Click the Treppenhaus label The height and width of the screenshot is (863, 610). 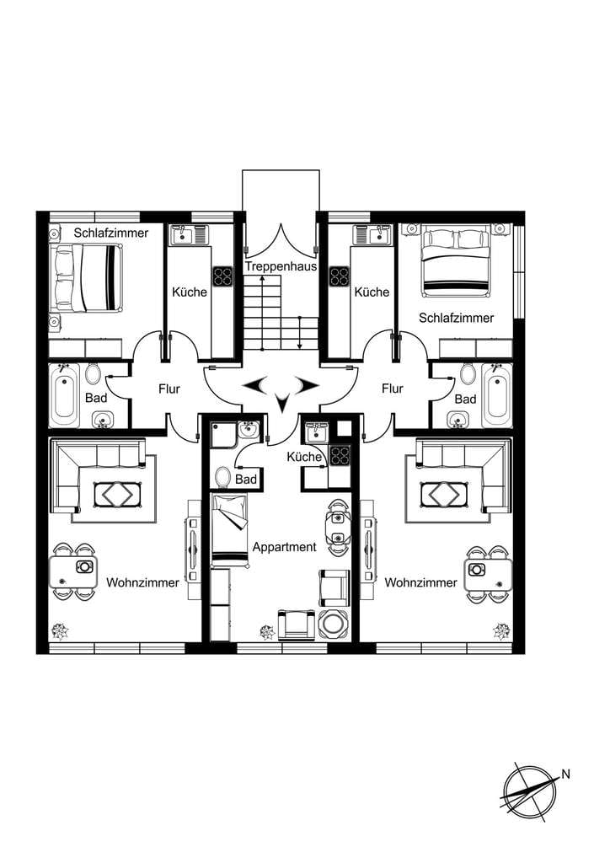pyautogui.click(x=281, y=266)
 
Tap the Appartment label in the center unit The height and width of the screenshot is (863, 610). pyautogui.click(x=285, y=547)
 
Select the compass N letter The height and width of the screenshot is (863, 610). pyautogui.click(x=565, y=775)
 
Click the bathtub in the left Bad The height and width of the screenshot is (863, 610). pyautogui.click(x=64, y=395)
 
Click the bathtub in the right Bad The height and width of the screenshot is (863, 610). pyautogui.click(x=497, y=395)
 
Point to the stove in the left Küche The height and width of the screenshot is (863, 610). pyautogui.click(x=222, y=276)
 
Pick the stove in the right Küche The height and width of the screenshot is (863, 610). pyautogui.click(x=339, y=276)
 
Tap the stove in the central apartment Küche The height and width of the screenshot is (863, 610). pyautogui.click(x=340, y=456)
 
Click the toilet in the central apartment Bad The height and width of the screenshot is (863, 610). pyautogui.click(x=222, y=477)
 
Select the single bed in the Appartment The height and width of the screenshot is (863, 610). pyautogui.click(x=229, y=530)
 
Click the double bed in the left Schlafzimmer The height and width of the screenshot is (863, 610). pyautogui.click(x=85, y=278)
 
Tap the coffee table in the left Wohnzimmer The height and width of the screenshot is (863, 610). pyautogui.click(x=115, y=495)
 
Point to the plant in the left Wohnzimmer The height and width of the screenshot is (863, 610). pyautogui.click(x=59, y=630)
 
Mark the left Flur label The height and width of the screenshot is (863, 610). pyautogui.click(x=169, y=389)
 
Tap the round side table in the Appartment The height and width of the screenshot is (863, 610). pyautogui.click(x=332, y=624)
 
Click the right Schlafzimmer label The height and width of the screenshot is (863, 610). pyautogui.click(x=456, y=318)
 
